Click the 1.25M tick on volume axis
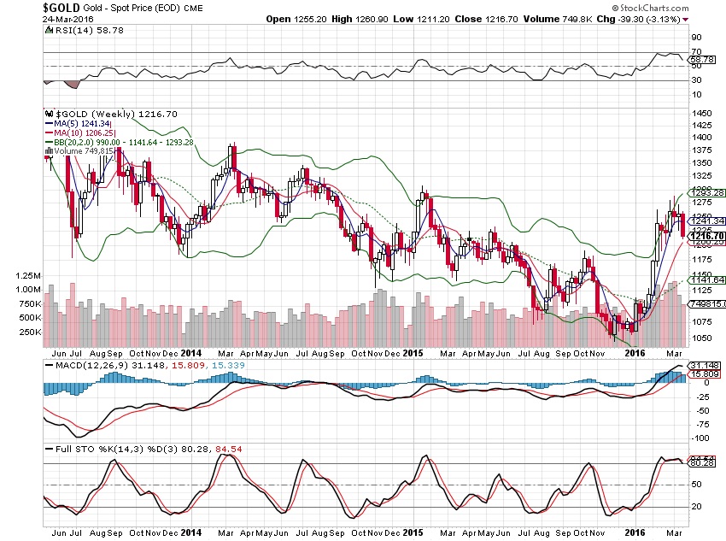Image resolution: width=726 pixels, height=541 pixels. (x=30, y=277)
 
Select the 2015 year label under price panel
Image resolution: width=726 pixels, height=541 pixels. (x=414, y=352)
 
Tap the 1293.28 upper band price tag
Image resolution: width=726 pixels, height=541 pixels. (x=707, y=192)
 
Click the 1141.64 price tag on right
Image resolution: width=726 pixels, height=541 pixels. (x=707, y=279)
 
